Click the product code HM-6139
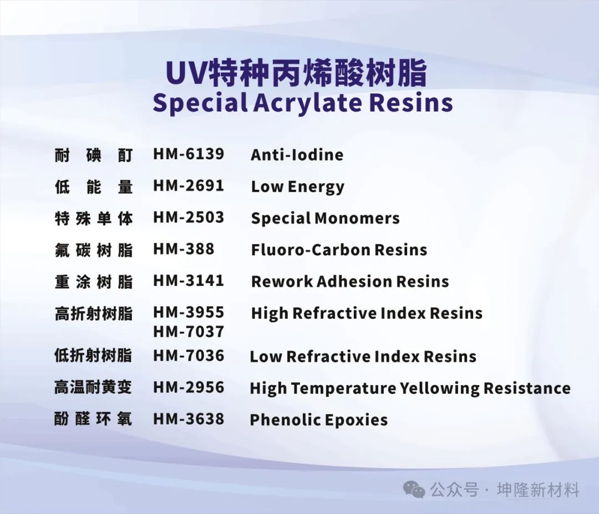pyautogui.click(x=189, y=154)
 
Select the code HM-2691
pyautogui.click(x=189, y=185)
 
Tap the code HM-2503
pyautogui.click(x=189, y=217)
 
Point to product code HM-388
pyautogui.click(x=184, y=249)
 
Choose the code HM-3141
pyautogui.click(x=189, y=281)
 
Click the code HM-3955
pyautogui.click(x=189, y=313)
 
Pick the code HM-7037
pyautogui.click(x=189, y=331)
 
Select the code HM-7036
pyautogui.click(x=189, y=356)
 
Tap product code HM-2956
pyautogui.click(x=189, y=387)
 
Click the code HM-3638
pyautogui.click(x=189, y=419)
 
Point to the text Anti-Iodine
pyautogui.click(x=297, y=155)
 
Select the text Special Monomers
pyautogui.click(x=325, y=218)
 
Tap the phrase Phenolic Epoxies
pyautogui.click(x=318, y=420)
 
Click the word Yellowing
pyautogui.click(x=439, y=389)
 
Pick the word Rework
pyautogui.click(x=282, y=281)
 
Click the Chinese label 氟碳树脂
pyautogui.click(x=94, y=250)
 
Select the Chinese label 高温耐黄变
pyautogui.click(x=93, y=387)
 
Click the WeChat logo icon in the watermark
pyautogui.click(x=414, y=490)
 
